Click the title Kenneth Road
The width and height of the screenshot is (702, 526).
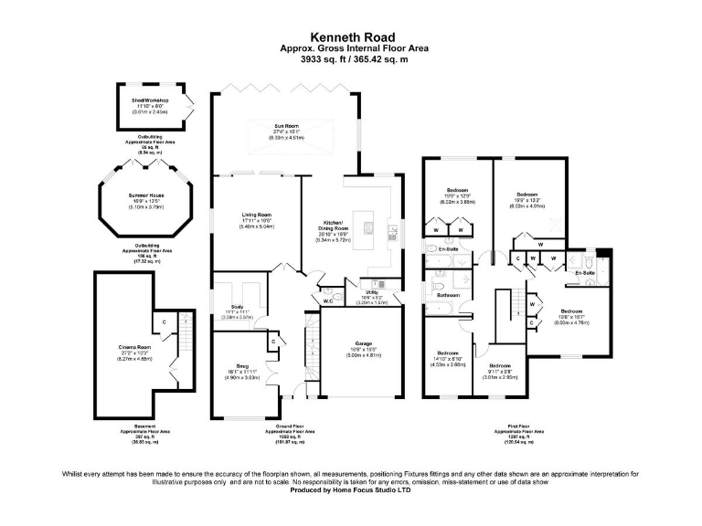coord(350,37)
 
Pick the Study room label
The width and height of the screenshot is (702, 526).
coord(238,307)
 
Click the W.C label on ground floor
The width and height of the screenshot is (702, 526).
coord(327,300)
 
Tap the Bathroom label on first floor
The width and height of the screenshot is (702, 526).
coord(447,296)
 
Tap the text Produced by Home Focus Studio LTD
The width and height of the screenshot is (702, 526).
coord(350,489)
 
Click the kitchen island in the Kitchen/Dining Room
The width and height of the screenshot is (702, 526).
coord(367,224)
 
